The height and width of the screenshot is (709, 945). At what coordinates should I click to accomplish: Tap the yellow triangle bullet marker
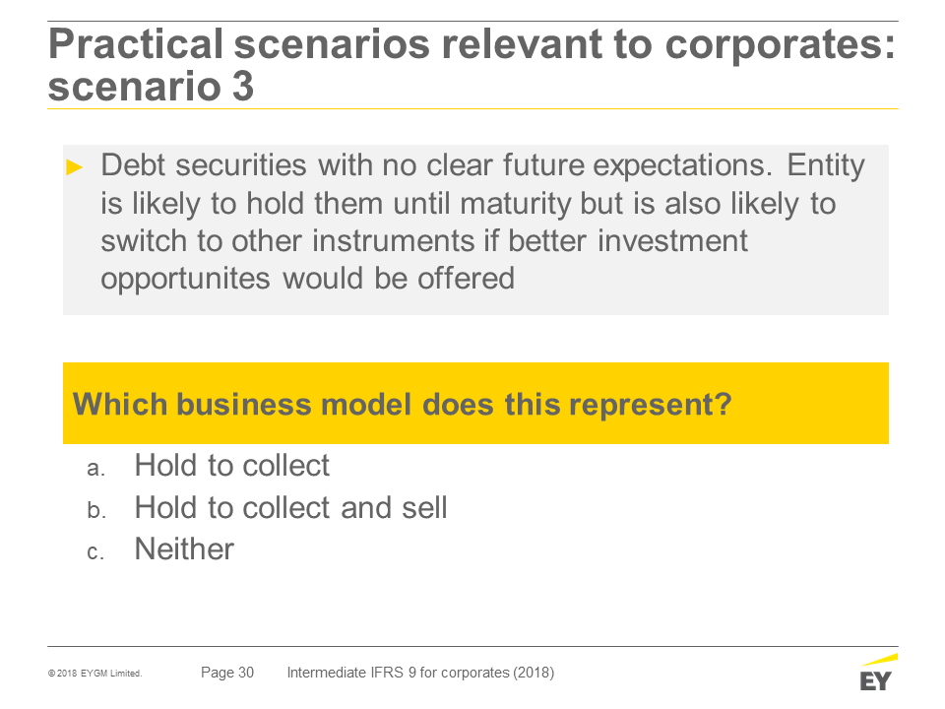74,167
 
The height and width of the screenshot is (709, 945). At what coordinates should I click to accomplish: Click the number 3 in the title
243,87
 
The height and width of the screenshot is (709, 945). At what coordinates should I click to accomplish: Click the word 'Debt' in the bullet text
133,164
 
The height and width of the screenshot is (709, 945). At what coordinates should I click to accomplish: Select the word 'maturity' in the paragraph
515,205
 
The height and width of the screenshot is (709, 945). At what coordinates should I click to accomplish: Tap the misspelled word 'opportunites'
185,279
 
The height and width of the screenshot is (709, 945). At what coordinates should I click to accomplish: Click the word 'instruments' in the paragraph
393,241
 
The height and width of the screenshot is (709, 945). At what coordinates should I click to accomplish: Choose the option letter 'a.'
95,469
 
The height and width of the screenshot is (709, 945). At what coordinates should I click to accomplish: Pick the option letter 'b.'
96,510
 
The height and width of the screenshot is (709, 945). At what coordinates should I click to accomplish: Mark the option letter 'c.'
95,552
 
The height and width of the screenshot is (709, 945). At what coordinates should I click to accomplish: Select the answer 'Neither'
184,549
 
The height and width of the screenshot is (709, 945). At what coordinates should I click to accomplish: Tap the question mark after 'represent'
724,404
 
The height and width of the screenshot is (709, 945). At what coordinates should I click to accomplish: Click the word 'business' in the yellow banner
244,404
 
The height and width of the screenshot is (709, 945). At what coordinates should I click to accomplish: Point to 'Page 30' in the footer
227,673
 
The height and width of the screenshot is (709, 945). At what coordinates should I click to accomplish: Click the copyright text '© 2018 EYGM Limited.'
95,674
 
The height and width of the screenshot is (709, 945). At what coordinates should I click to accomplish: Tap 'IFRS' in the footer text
386,673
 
